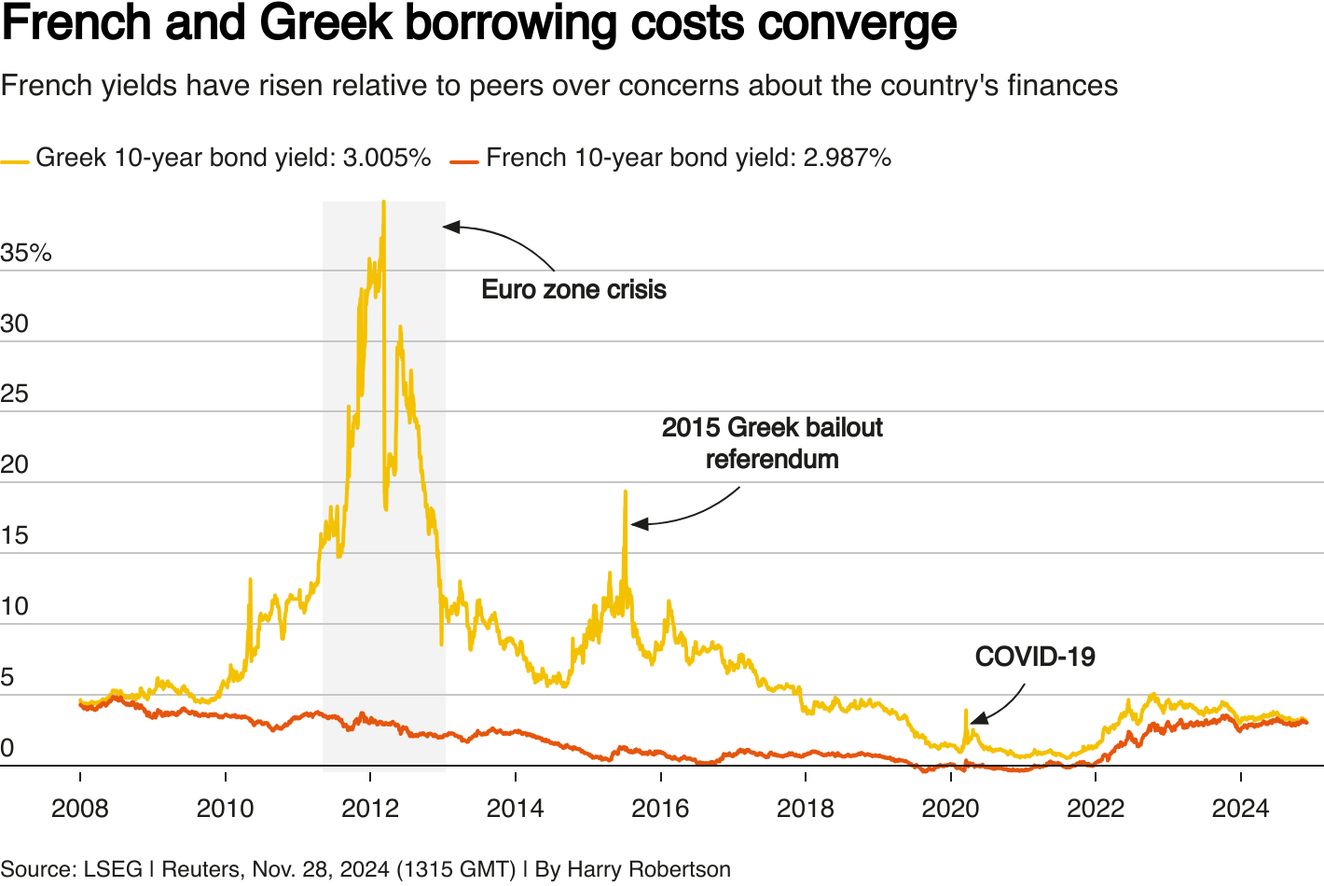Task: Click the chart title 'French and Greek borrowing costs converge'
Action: click(479, 24)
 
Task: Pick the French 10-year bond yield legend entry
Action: click(671, 158)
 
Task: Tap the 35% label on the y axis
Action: click(26, 253)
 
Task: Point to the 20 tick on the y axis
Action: click(15, 464)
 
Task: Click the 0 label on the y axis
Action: click(7, 748)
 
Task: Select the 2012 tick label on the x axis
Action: click(370, 808)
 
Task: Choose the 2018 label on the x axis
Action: click(806, 808)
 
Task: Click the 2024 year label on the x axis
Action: click(1240, 808)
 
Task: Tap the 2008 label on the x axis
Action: click(80, 808)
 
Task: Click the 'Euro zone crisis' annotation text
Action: click(573, 289)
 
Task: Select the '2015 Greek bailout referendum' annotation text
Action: click(772, 443)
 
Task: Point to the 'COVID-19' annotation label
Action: click(1035, 657)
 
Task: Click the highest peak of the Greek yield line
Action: click(383, 201)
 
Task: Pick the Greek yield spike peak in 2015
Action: click(626, 491)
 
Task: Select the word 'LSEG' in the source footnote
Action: click(113, 869)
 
